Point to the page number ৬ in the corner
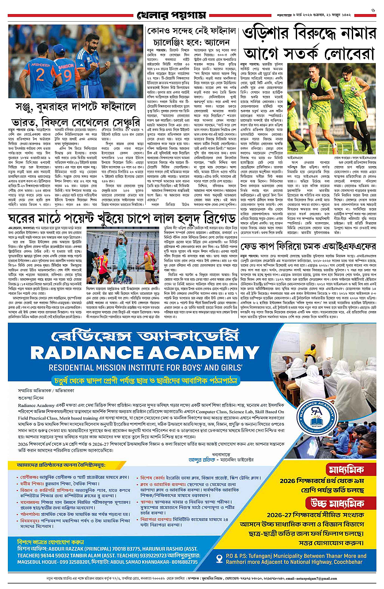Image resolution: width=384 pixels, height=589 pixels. (x=373, y=10)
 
